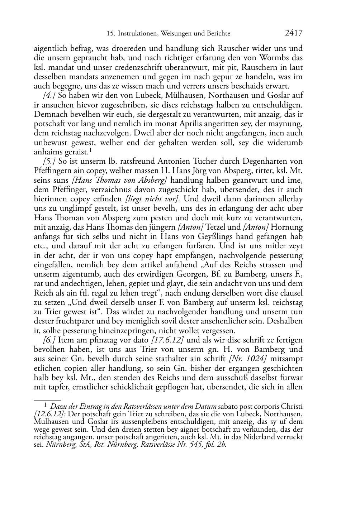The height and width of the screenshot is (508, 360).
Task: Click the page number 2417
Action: [293, 33]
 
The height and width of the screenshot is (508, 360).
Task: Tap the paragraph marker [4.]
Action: [49, 96]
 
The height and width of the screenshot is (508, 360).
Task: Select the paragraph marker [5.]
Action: [49, 162]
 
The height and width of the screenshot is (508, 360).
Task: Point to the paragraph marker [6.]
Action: [49, 340]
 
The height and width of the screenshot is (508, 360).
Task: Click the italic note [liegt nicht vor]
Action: [152, 199]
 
